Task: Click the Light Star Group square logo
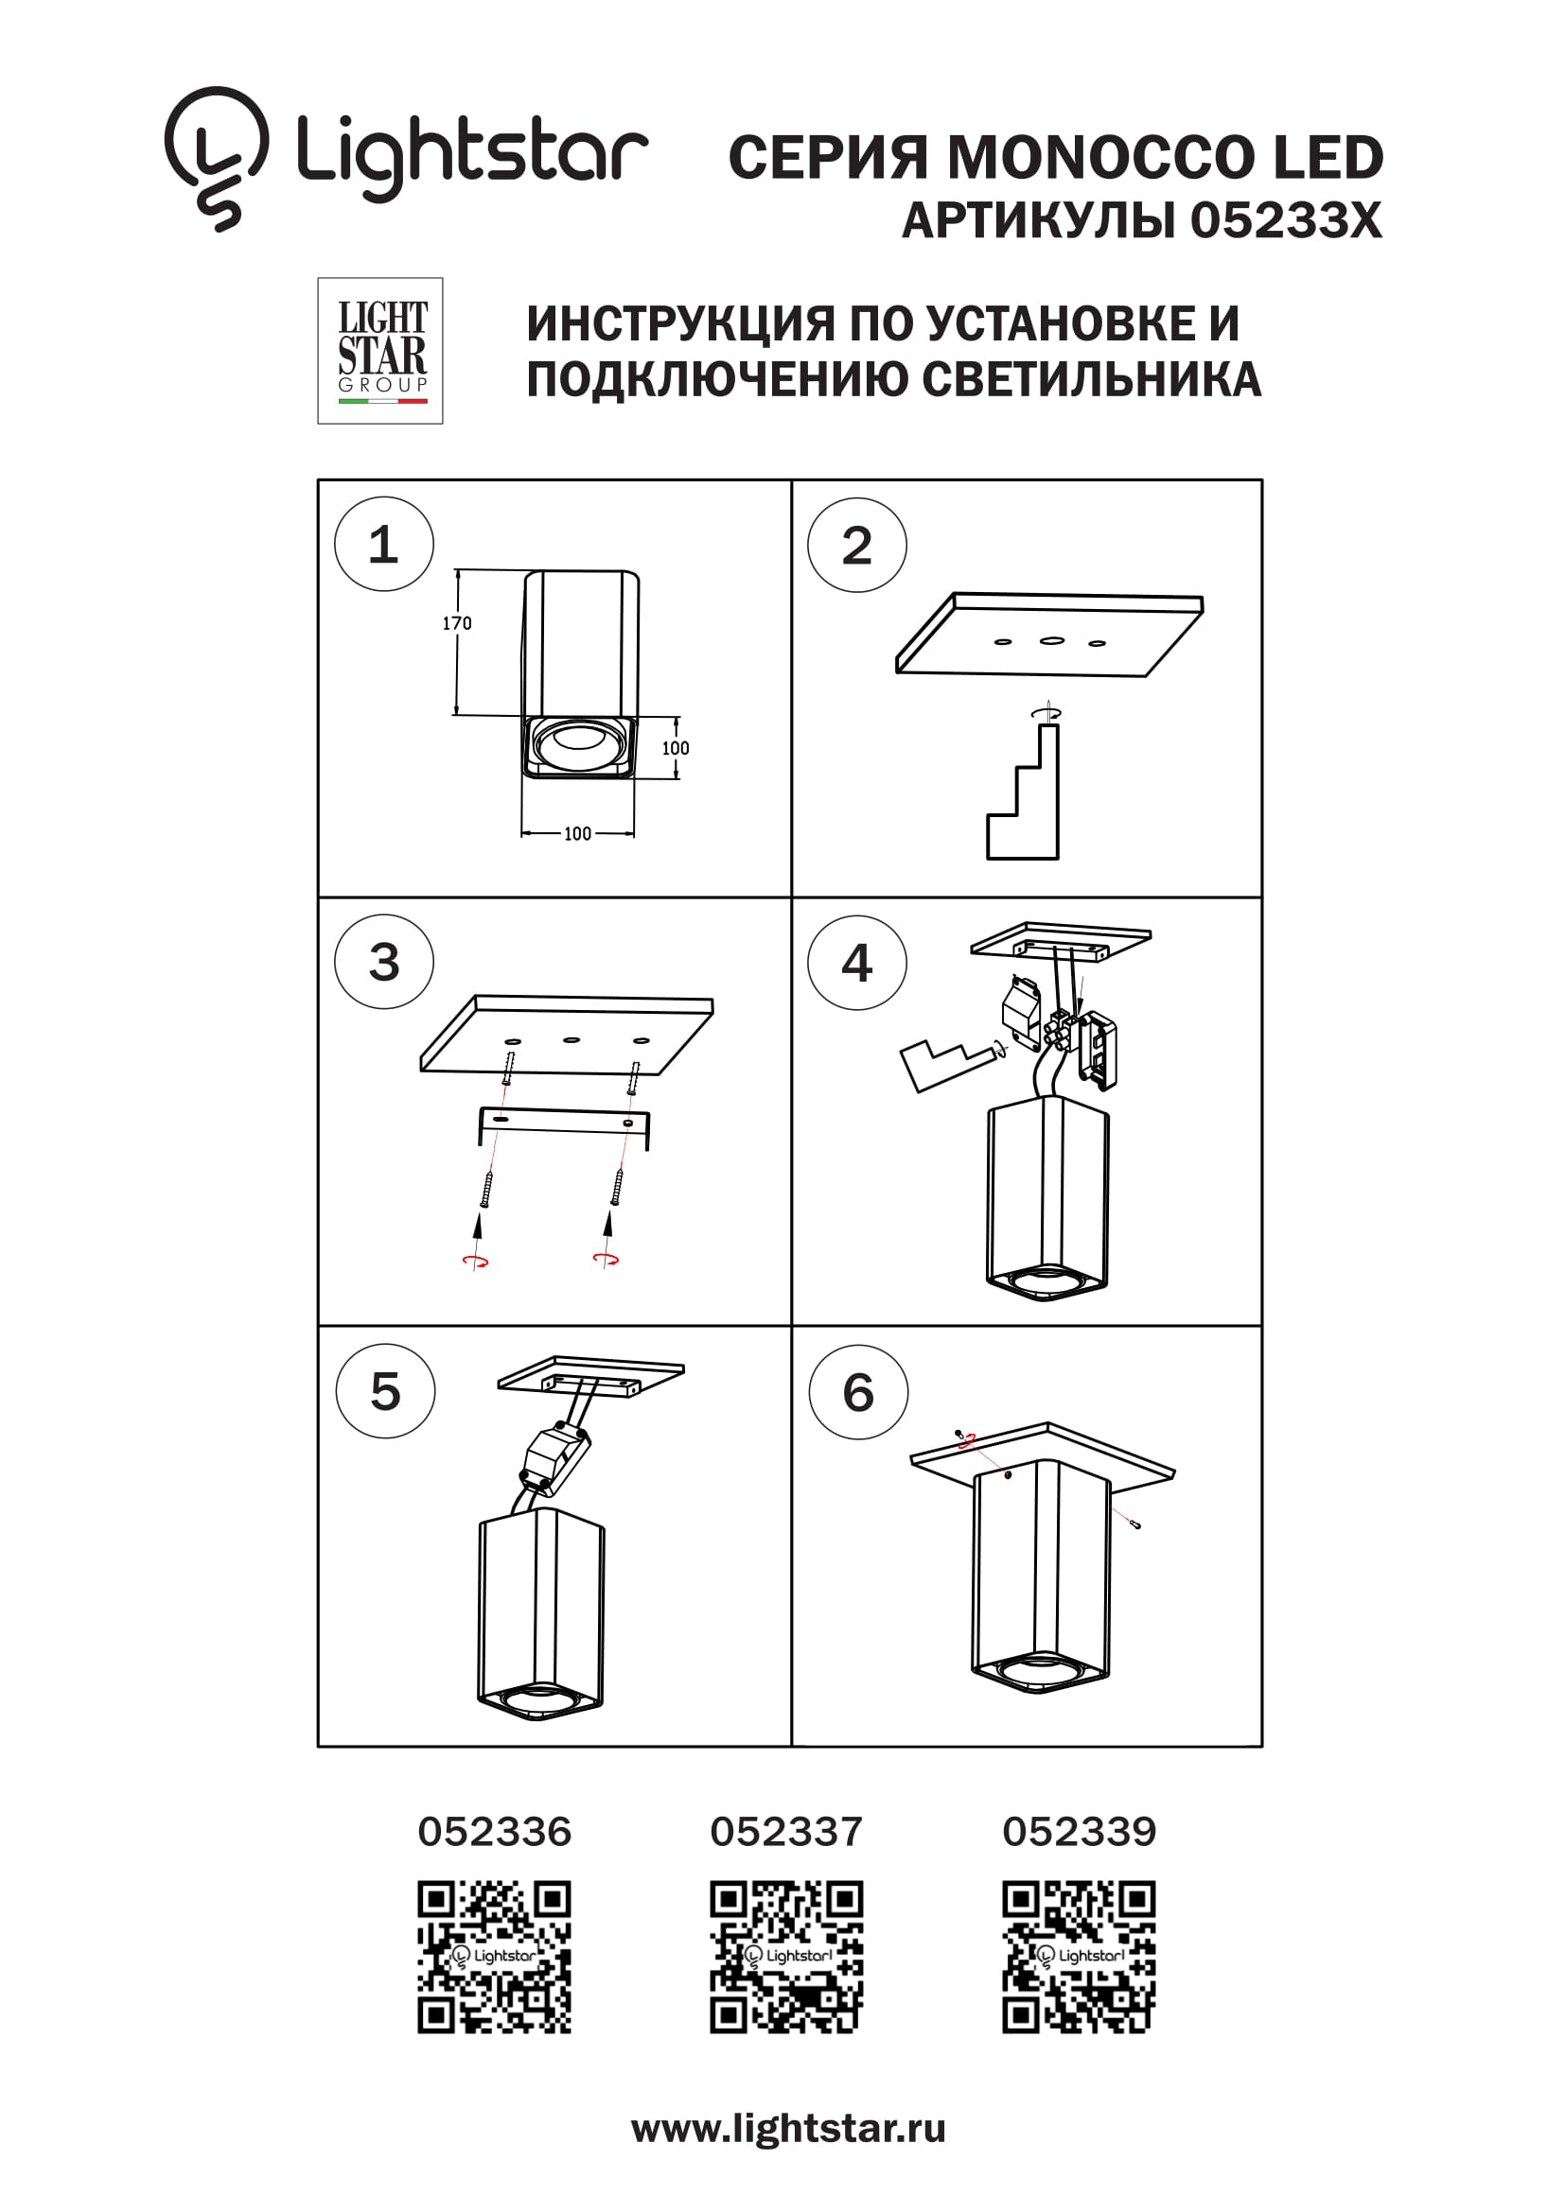click(380, 351)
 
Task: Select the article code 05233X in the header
click(1286, 220)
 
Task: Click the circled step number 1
click(383, 545)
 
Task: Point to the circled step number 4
click(856, 963)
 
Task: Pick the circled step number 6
click(857, 1392)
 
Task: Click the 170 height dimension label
click(457, 623)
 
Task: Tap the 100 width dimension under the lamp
click(577, 833)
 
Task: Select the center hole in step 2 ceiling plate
click(1051, 639)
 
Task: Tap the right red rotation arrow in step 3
click(607, 1258)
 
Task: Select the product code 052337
click(786, 1832)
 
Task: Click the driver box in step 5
click(555, 1460)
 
